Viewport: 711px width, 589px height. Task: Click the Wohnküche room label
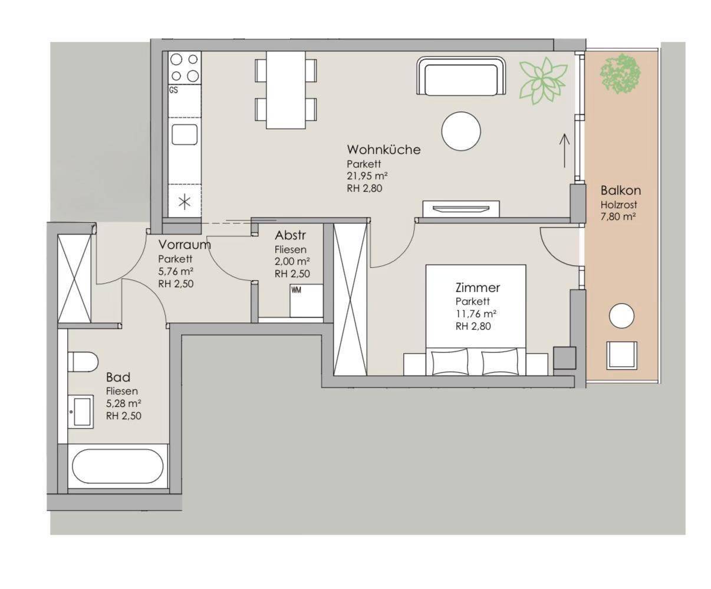[384, 150]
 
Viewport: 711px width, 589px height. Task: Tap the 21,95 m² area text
[367, 176]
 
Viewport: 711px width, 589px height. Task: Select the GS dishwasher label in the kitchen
[173, 90]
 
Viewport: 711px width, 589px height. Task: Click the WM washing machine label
[296, 290]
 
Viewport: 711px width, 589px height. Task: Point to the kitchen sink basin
[185, 134]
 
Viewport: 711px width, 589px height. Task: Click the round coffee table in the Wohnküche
[461, 131]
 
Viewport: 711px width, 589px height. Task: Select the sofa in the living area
[462, 76]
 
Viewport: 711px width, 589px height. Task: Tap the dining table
[286, 90]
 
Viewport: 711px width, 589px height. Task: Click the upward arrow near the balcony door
[565, 150]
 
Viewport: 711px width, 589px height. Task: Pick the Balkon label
[621, 190]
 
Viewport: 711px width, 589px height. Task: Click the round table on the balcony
[621, 316]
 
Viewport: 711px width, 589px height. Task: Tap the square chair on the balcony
[622, 356]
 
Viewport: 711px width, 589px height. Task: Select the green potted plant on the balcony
[620, 74]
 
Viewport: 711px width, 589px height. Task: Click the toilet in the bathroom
[83, 362]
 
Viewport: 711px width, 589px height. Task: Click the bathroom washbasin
[81, 412]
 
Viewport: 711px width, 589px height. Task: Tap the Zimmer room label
[478, 288]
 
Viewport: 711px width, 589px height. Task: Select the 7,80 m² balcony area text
[618, 216]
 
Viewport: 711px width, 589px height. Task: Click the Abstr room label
[290, 235]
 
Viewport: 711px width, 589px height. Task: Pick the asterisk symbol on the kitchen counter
[185, 202]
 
